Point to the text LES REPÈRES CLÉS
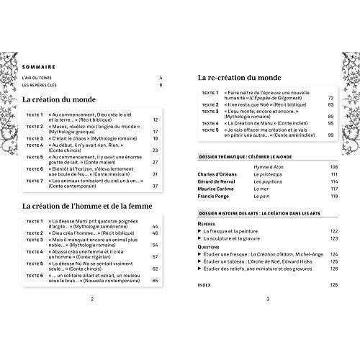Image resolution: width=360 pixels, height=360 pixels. coord(44,86)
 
